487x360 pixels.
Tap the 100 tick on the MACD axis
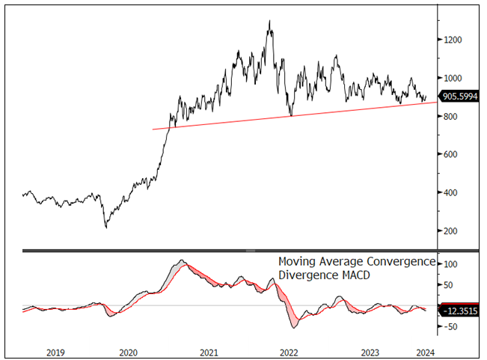(x=451, y=265)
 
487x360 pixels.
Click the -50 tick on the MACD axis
(x=451, y=327)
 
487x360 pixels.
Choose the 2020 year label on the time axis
(x=128, y=351)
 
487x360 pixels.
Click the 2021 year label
(x=209, y=351)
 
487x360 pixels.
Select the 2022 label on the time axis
(x=289, y=351)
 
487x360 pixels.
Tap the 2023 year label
(x=369, y=351)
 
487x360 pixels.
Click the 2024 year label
(x=424, y=351)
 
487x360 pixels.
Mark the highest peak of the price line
(x=269, y=21)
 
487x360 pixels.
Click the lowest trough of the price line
(x=105, y=228)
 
